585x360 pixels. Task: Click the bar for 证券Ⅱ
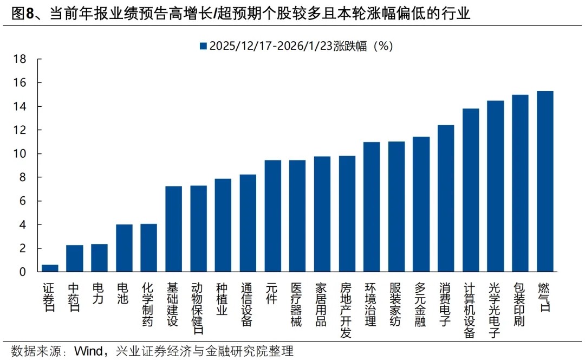pos(50,268)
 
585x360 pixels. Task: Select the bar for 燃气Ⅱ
pos(545,181)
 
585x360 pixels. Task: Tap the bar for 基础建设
pos(174,228)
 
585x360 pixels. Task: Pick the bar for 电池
pos(124,248)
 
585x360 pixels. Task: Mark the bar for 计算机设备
pos(471,190)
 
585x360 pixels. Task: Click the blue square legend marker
pos(203,46)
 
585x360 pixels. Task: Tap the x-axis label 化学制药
pos(148,304)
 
